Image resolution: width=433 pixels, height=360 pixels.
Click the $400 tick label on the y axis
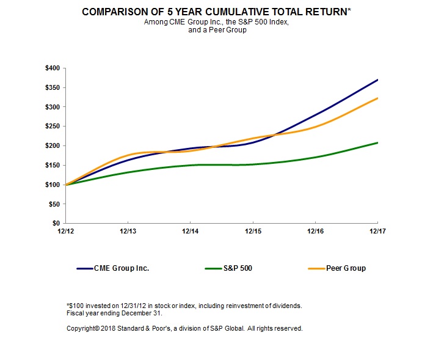(52, 68)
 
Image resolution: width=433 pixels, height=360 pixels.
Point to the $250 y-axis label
(52, 127)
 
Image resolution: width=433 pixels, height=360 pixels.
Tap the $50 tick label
(54, 204)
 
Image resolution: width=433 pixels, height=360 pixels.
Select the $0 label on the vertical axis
(56, 224)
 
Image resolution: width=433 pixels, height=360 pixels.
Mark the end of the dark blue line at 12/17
(377, 79)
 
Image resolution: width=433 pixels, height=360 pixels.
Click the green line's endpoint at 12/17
(377, 142)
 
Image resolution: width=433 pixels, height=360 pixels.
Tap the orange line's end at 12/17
(377, 98)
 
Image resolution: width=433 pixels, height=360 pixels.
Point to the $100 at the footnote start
(76, 305)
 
